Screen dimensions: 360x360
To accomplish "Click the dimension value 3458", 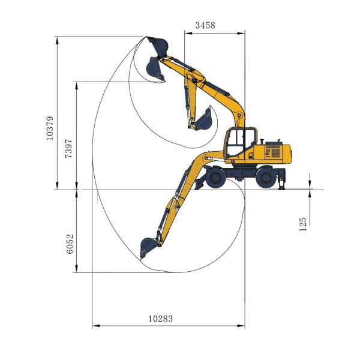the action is pyautogui.click(x=205, y=25).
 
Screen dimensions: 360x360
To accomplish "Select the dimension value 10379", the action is pyautogui.click(x=50, y=128).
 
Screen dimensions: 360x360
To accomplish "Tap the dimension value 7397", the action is pyautogui.click(x=69, y=148).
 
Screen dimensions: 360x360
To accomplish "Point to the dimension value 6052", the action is pyautogui.click(x=70, y=244).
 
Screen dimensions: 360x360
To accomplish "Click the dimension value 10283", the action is pyautogui.click(x=160, y=319).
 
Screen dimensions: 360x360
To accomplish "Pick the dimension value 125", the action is pyautogui.click(x=303, y=224).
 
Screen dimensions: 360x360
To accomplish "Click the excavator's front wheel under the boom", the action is pyautogui.click(x=215, y=178).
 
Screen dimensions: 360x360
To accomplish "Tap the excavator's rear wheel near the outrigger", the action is pyautogui.click(x=266, y=178).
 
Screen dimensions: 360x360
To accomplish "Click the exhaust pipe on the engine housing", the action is pyautogui.click(x=261, y=142).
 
